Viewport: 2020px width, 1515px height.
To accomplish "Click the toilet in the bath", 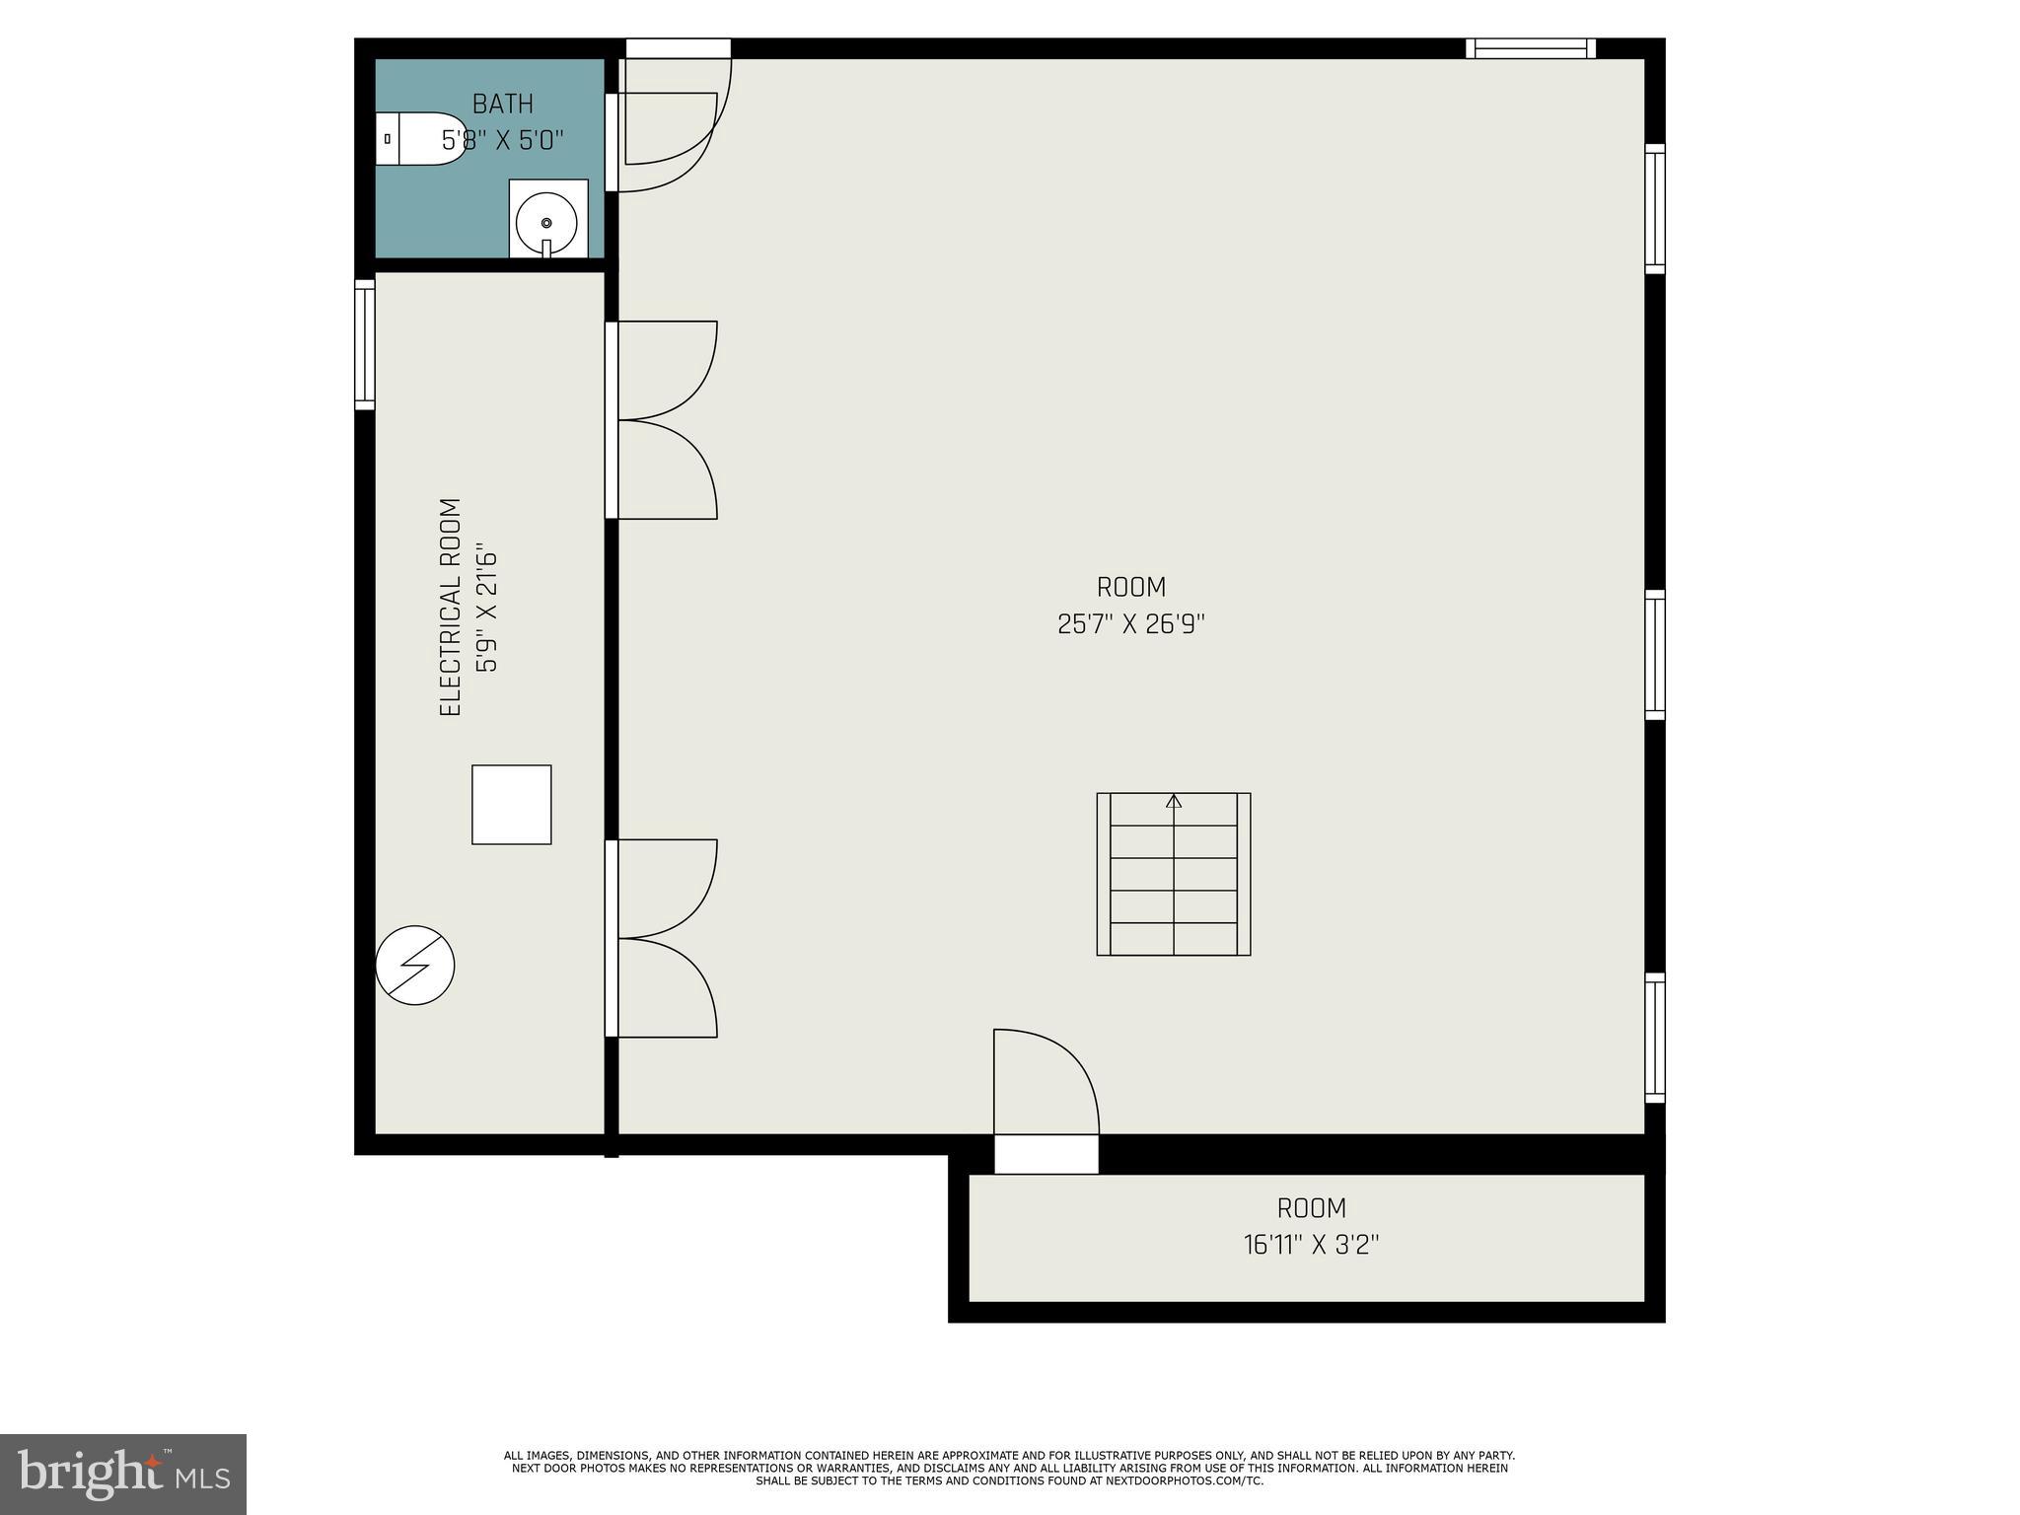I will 419,139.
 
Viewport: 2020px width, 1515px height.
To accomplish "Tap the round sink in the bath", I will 546,222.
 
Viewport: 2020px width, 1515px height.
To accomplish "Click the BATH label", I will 503,104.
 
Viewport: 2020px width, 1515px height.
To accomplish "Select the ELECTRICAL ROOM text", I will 450,608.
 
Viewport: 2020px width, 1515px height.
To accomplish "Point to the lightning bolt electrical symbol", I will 415,965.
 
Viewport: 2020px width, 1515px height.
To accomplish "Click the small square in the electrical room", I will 511,805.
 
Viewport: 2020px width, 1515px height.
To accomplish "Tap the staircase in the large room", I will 1174,875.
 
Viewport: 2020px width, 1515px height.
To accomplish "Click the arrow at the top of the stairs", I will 1174,802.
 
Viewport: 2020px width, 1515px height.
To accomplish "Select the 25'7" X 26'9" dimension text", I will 1131,624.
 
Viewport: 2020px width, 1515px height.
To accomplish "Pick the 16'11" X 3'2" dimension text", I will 1311,1245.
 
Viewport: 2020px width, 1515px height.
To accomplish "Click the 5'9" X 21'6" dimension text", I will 487,608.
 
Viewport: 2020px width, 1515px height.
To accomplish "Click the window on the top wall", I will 1530,48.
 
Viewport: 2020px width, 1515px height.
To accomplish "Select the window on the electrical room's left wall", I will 365,344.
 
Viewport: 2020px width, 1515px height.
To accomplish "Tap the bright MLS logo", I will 123,1474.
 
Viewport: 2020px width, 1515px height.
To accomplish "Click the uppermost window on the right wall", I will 1655,208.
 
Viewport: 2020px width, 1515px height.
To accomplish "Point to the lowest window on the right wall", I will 1655,1038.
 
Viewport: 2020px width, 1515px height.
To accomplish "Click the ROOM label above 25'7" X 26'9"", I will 1131,587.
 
